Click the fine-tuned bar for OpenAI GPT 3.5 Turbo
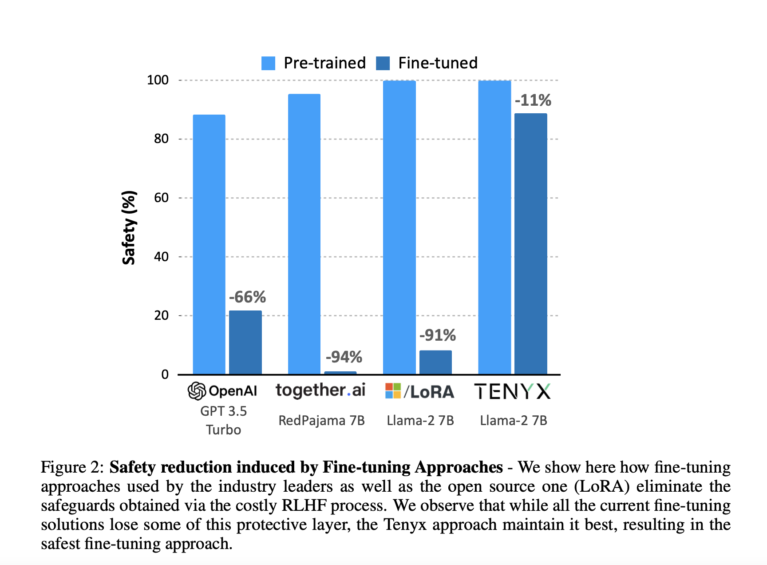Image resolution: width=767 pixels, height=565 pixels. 245,342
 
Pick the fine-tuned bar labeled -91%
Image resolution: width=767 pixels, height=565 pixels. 435,362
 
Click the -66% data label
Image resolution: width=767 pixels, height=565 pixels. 247,297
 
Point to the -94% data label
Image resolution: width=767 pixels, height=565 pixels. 344,357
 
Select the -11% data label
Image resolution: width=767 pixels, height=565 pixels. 533,100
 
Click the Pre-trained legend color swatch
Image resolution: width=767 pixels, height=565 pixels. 268,63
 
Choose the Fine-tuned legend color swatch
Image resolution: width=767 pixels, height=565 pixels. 383,63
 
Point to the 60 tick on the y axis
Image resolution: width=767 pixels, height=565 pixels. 161,198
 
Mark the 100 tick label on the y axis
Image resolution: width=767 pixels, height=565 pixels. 158,80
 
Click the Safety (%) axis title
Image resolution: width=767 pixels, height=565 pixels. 129,227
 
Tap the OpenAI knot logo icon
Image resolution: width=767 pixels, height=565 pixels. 197,391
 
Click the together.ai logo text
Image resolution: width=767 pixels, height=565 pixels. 320,390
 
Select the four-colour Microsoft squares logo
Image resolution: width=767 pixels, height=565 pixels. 393,391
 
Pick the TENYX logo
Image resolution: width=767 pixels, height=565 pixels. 512,391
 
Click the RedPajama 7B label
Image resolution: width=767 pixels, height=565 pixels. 321,420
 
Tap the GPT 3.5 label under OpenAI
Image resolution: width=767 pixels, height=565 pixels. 223,411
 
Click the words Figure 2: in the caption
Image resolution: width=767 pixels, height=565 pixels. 72,467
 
